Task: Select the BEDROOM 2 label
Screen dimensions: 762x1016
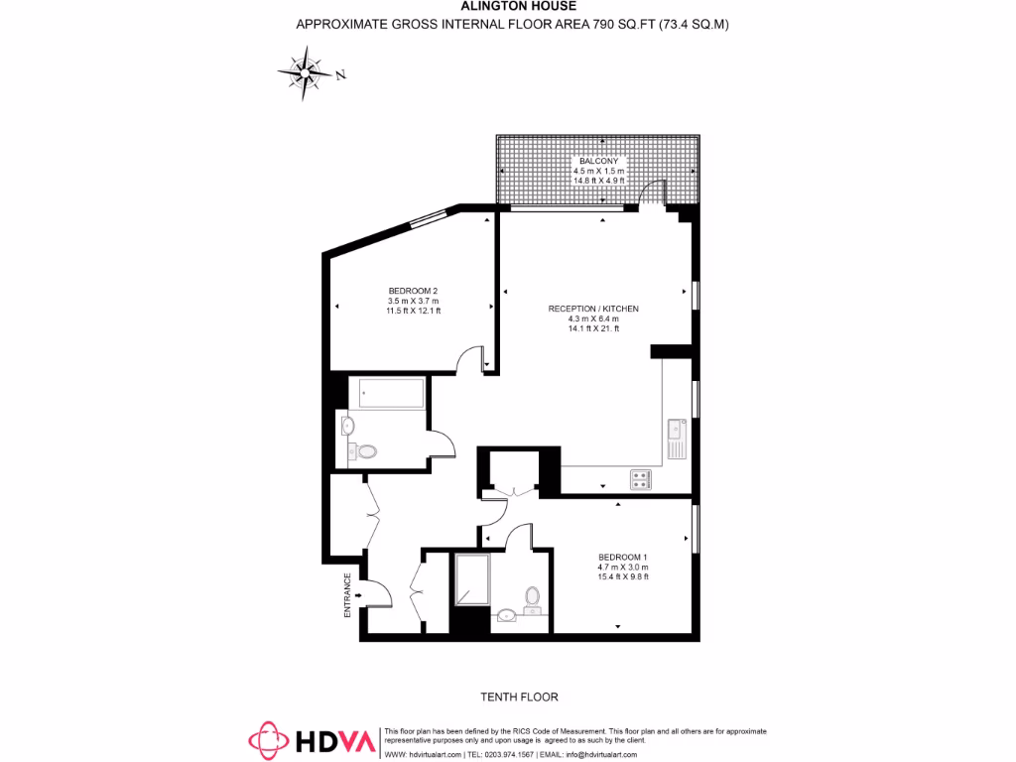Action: point(413,291)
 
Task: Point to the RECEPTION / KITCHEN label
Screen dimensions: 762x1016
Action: point(593,309)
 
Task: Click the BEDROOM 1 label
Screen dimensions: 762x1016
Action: point(622,557)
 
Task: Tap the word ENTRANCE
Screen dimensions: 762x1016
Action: point(348,595)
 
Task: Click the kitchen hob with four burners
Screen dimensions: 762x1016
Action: point(640,479)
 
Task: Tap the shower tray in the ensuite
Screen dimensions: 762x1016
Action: point(470,579)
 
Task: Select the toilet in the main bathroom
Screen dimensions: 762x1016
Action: point(367,451)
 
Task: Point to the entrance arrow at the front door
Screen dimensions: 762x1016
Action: point(356,595)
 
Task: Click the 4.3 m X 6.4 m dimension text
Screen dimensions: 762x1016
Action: point(593,318)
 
